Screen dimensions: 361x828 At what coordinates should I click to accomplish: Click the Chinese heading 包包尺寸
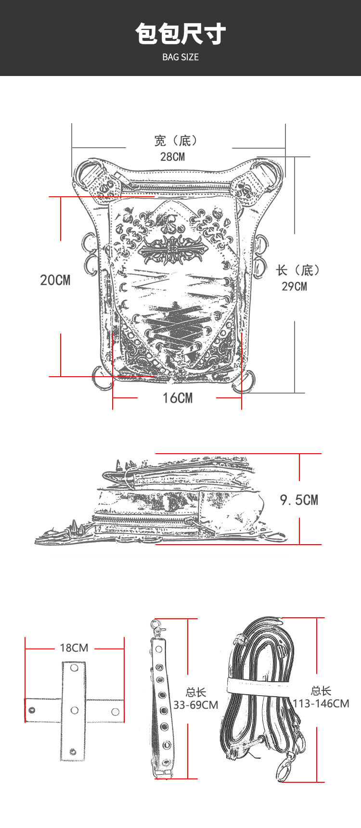(x=180, y=34)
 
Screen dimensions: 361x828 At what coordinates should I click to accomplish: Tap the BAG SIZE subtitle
(x=180, y=57)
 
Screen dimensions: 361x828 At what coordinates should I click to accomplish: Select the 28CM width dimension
(x=173, y=156)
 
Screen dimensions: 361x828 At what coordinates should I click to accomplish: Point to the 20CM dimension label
(x=55, y=280)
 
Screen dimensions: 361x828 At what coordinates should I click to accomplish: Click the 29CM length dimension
(x=294, y=286)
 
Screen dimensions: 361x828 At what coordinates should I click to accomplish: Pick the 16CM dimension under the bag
(x=178, y=398)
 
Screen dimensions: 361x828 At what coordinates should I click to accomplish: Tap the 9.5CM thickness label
(x=299, y=500)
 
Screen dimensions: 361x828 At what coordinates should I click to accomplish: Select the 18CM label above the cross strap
(x=74, y=648)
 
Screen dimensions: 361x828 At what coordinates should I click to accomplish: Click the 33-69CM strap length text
(x=195, y=705)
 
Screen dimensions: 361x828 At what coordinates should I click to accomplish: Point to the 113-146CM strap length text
(x=321, y=703)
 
